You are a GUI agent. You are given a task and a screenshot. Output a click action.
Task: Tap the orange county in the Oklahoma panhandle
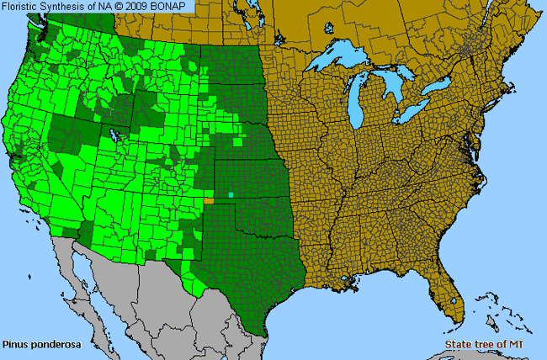[x=209, y=201]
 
